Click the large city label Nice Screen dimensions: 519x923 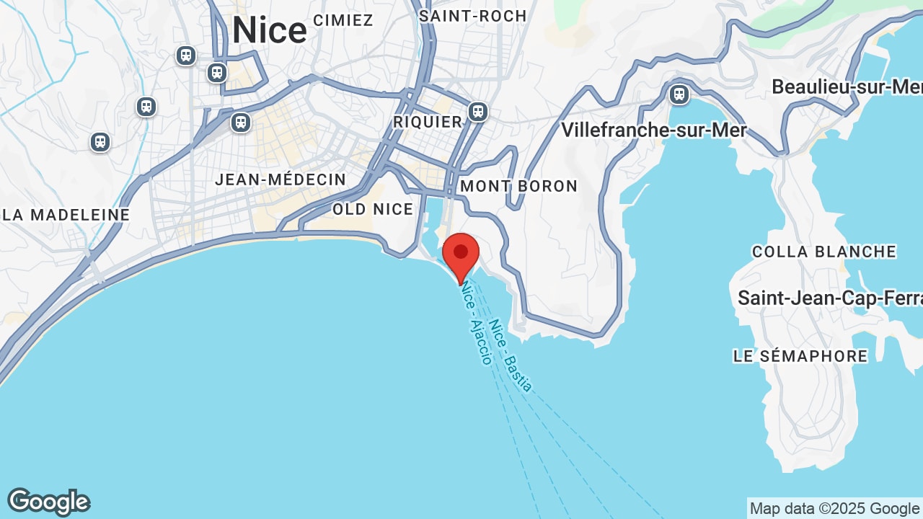(x=270, y=31)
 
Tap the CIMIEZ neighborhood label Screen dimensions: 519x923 (x=343, y=20)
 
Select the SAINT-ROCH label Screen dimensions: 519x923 (x=473, y=16)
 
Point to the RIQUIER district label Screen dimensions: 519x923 (x=428, y=122)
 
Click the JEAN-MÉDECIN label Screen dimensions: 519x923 (x=281, y=179)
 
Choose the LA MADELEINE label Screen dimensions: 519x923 (x=66, y=215)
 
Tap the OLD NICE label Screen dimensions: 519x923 (x=373, y=209)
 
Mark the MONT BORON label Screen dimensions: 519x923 (x=519, y=186)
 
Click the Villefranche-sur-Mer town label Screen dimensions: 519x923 (x=653, y=130)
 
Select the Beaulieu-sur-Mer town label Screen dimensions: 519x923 (x=847, y=87)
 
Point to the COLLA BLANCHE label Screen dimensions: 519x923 (x=824, y=252)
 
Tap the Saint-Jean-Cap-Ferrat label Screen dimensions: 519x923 (x=830, y=298)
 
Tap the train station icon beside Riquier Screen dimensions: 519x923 (x=477, y=112)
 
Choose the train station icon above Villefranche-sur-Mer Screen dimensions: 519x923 (x=679, y=94)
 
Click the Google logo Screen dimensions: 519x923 (x=48, y=502)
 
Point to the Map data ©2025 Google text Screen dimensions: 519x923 (x=835, y=509)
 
